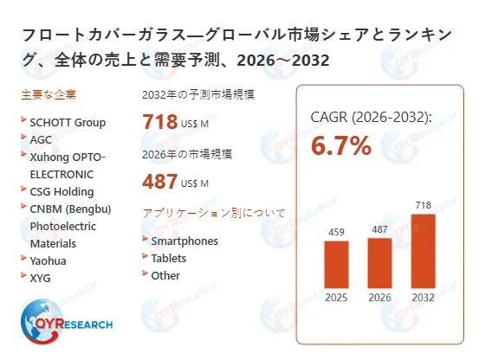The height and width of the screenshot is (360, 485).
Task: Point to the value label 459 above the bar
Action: [336, 232]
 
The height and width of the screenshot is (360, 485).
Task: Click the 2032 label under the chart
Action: [423, 298]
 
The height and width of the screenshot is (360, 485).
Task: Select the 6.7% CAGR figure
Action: [341, 146]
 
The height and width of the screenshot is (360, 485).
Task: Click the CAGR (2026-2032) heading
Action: [371, 117]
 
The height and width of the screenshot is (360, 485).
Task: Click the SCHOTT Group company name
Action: [68, 122]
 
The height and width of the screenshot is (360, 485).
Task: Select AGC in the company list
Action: [42, 139]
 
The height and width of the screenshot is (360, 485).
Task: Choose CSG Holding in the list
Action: [61, 191]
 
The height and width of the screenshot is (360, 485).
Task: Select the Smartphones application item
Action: [184, 241]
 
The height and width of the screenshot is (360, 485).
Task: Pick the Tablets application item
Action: [169, 258]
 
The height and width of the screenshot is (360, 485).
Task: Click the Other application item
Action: [165, 275]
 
